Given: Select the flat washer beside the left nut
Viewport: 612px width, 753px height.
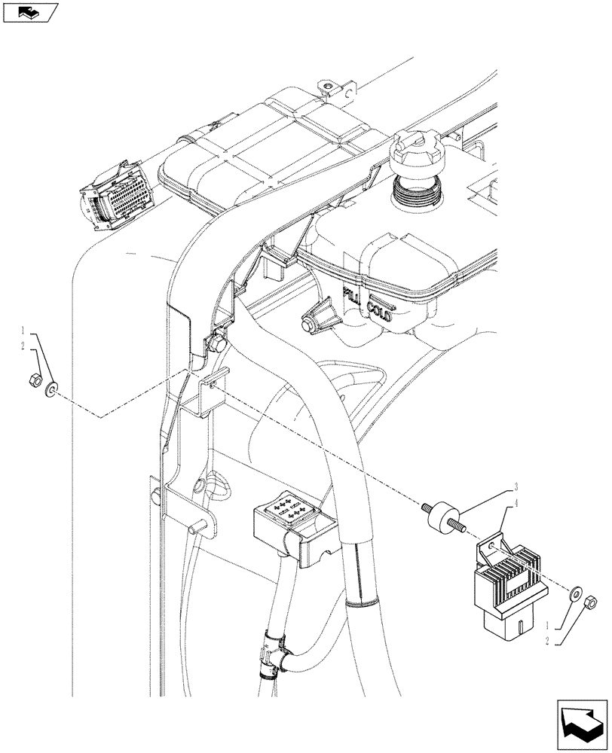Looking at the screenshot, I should [51, 389].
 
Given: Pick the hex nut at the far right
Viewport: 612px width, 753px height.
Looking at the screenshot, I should [592, 601].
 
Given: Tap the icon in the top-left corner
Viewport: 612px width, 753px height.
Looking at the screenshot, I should [30, 13].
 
